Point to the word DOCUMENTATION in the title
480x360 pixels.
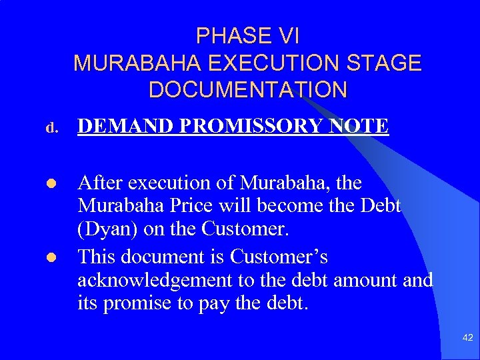point(248,90)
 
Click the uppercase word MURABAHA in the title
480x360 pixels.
point(138,63)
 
